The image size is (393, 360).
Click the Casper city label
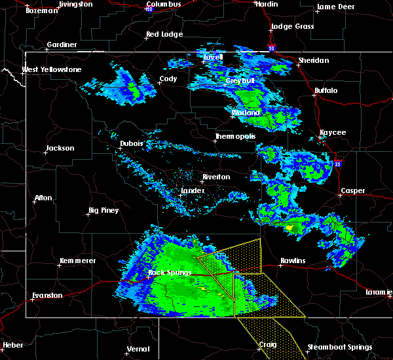coord(352,191)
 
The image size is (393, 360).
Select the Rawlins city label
coord(293,261)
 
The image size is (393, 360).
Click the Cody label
coord(168,79)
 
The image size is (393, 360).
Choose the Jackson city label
coord(60,148)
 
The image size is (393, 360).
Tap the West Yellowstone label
coord(51,69)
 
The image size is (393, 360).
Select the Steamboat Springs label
coord(340,348)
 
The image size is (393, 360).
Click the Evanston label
coord(47,295)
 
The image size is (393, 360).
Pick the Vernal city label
coord(138,348)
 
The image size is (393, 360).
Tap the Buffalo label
coord(326,90)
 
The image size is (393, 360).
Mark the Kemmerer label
coord(77,261)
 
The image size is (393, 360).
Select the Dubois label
coord(132,143)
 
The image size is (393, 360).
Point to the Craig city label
coord(267,345)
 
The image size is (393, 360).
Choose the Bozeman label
coord(39,10)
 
